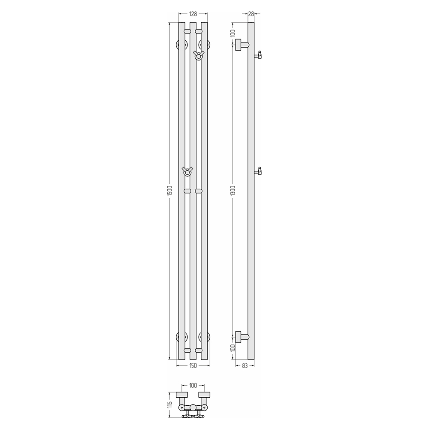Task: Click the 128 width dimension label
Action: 193,14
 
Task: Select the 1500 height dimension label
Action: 169,190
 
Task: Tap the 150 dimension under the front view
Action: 193,366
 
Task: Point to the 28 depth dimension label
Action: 251,14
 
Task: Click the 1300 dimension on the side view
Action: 233,190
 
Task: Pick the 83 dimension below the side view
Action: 245,366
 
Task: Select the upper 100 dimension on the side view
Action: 233,33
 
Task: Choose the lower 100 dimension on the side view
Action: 233,348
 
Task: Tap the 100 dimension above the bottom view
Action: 193,386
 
